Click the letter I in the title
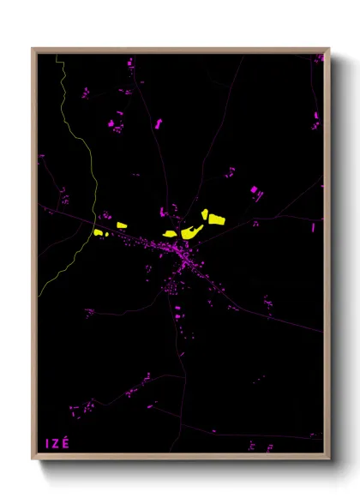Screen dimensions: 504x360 pos(47,443)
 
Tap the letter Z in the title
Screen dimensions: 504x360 pos(57,443)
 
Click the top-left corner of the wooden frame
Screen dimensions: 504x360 pos(33,48)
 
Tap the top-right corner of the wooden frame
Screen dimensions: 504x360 pos(329,48)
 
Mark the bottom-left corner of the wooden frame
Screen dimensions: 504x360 pos(33,459)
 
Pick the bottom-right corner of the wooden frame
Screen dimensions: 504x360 pos(329,459)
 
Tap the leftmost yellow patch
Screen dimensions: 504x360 pos(99,231)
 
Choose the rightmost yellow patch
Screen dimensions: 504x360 pos(216,219)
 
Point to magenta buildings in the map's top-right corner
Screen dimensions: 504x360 pos(317,59)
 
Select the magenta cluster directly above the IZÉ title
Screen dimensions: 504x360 pos(75,409)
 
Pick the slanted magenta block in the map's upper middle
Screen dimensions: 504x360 pos(159,124)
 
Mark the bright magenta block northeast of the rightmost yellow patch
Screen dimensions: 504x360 pos(254,189)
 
